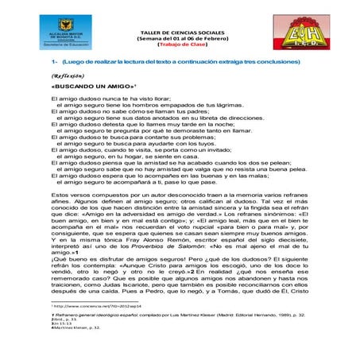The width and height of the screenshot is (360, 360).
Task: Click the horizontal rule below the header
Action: tap(180, 52)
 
